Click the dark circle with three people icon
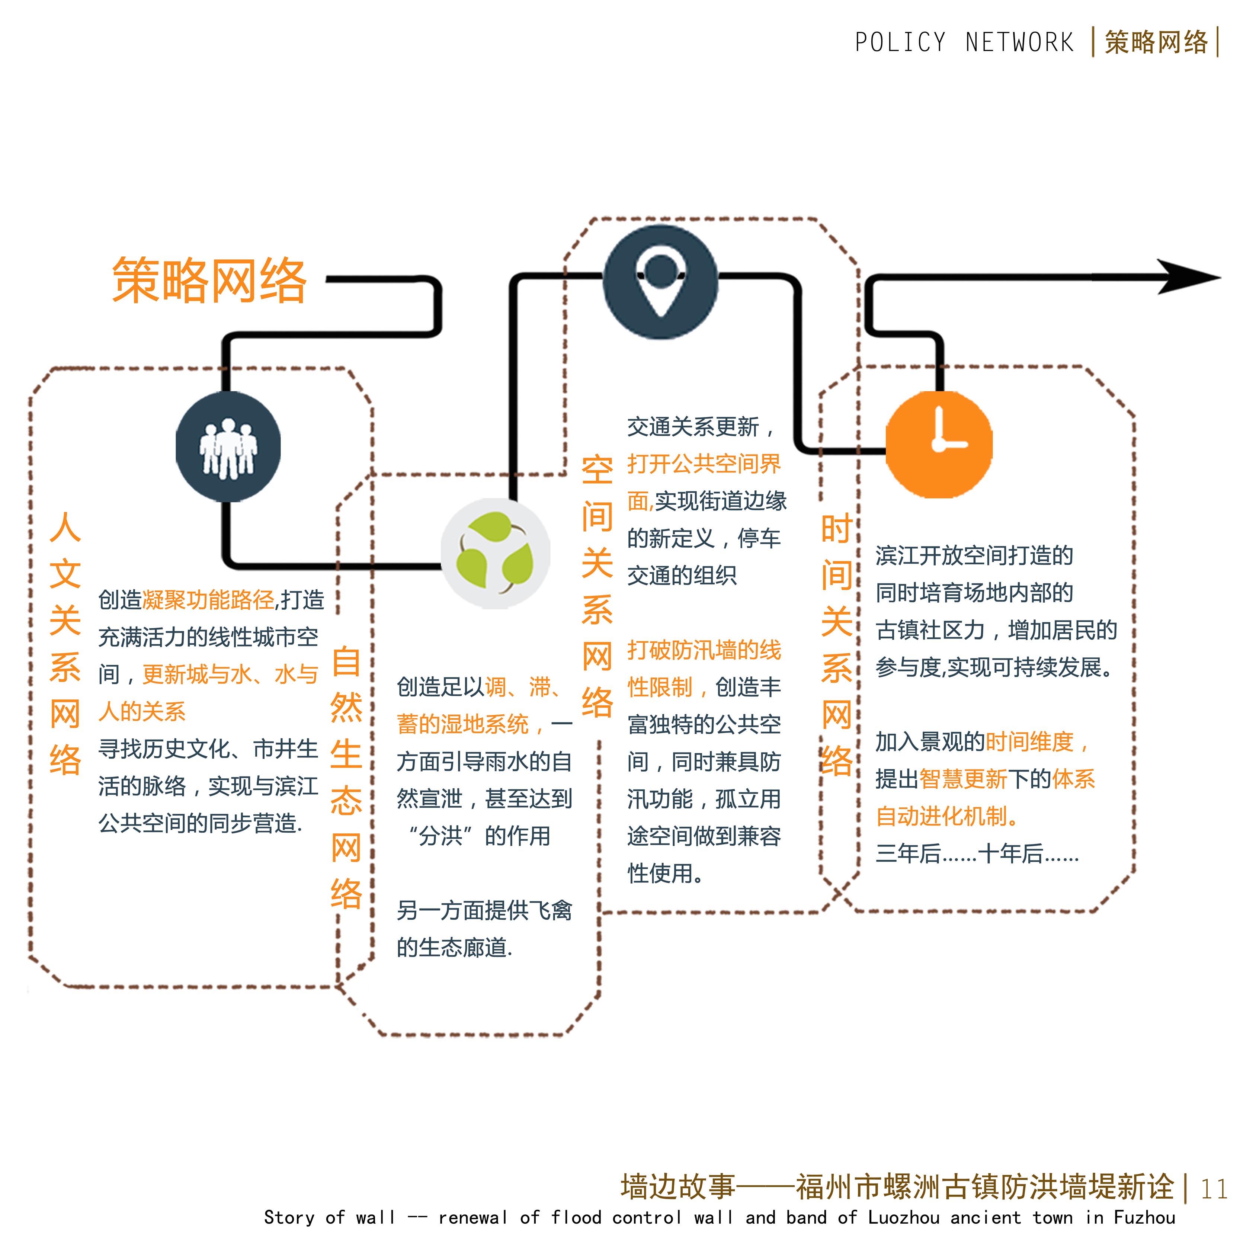pos(228,447)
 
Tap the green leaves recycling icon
pos(495,553)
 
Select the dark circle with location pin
pos(660,281)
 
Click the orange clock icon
pos(939,444)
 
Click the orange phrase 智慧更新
pos(963,779)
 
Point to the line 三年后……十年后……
pos(977,853)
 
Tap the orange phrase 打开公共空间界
pos(704,464)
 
